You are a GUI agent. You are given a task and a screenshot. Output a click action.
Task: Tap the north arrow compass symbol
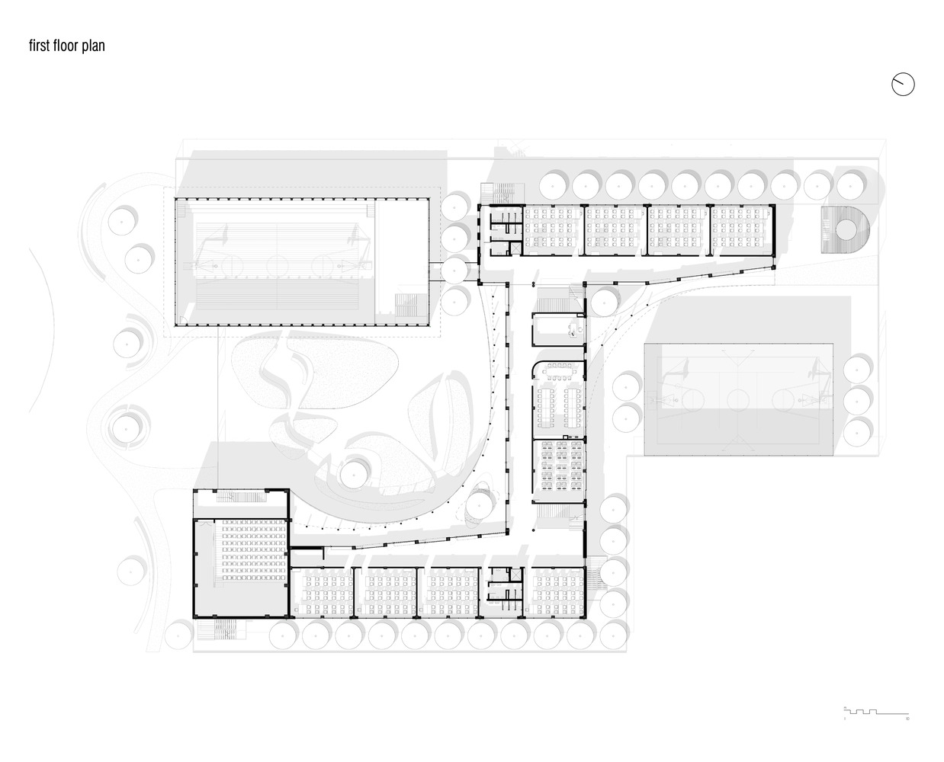pyautogui.click(x=903, y=85)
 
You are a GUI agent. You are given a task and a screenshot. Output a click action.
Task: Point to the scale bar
pyautogui.click(x=877, y=712)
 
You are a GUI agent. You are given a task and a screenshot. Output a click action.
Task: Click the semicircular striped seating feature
pyautogui.click(x=844, y=228)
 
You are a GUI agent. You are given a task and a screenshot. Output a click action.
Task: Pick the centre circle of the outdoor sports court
pyautogui.click(x=738, y=399)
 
